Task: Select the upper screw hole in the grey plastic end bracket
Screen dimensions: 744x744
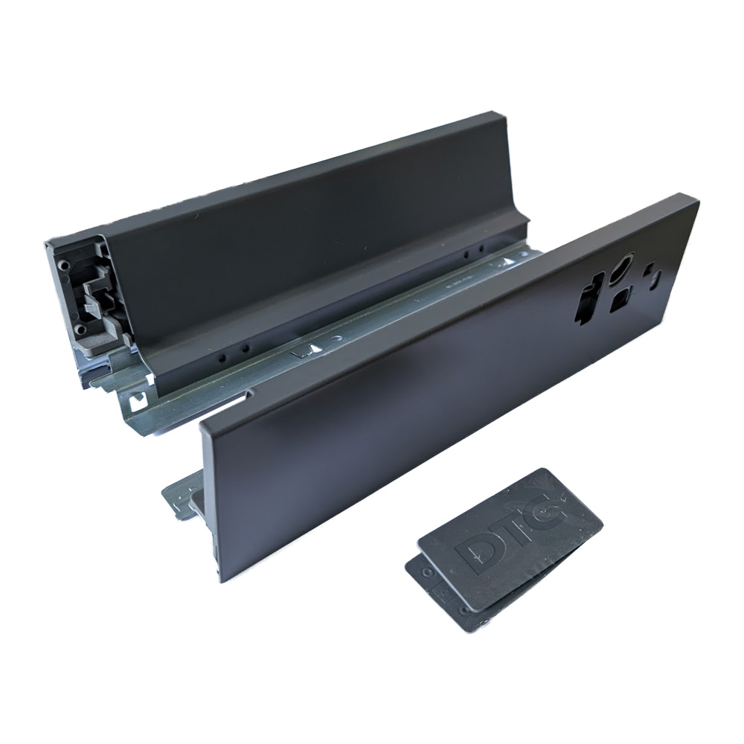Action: point(66,266)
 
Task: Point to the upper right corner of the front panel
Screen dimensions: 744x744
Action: point(696,197)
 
